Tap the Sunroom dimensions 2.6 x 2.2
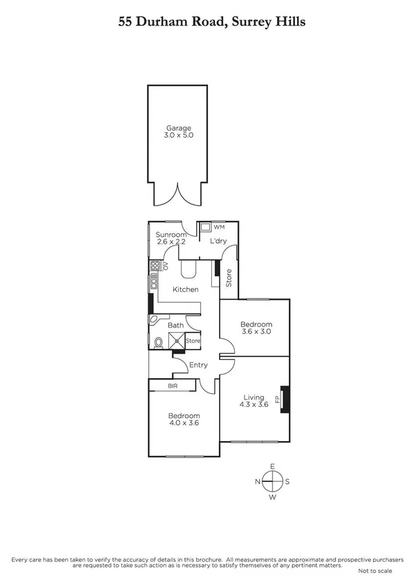(171, 242)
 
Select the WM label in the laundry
(219, 227)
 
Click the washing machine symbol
(205, 228)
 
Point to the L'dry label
(218, 241)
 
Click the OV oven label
(166, 265)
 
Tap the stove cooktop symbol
(154, 266)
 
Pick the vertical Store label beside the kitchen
(229, 277)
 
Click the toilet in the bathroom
(159, 341)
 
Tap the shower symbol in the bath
(178, 341)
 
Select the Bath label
(176, 325)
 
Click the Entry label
(198, 365)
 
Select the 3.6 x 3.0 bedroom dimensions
(256, 332)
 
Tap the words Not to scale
(375, 570)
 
